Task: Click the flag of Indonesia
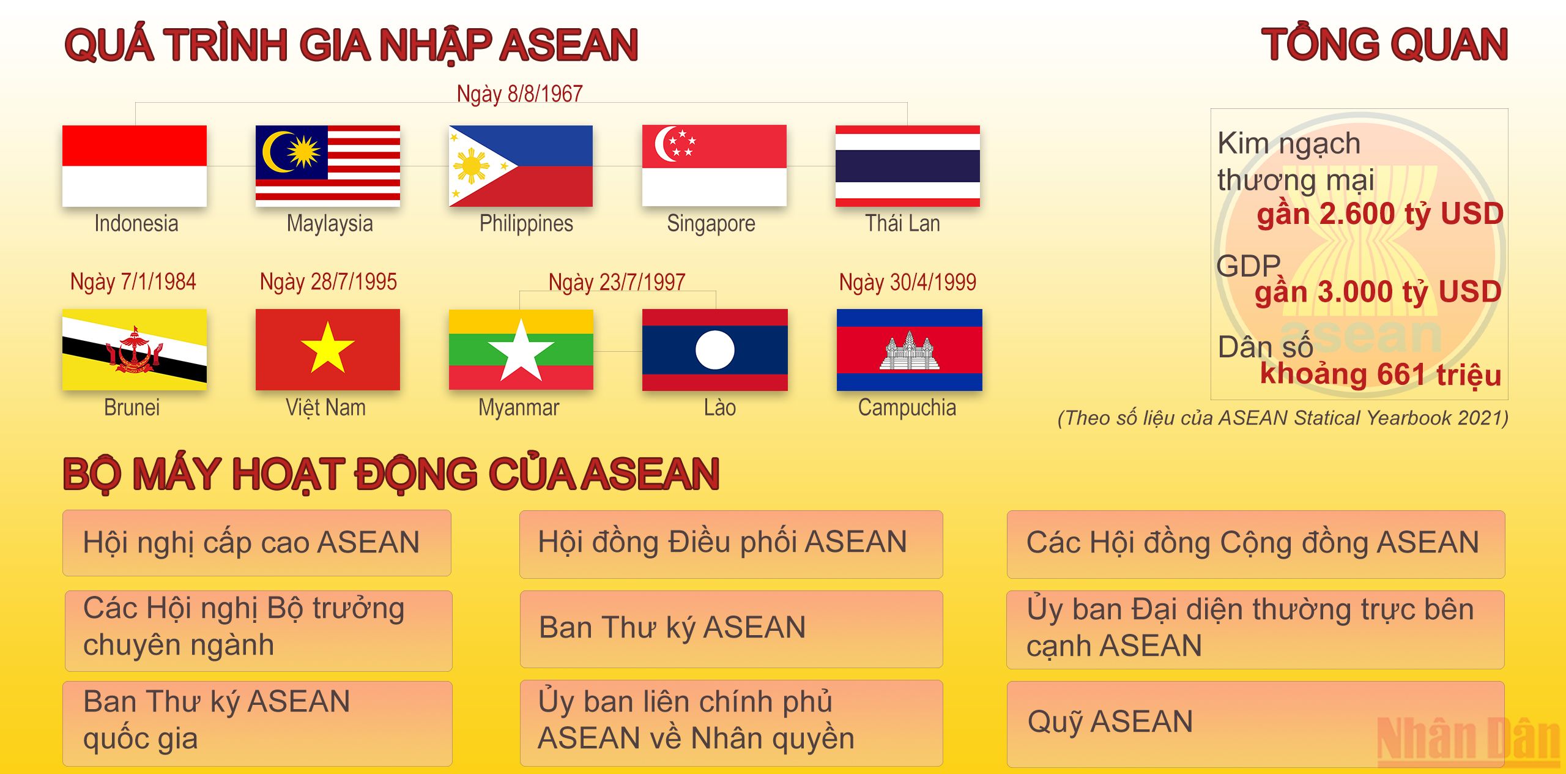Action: click(x=135, y=166)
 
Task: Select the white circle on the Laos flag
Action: click(x=714, y=350)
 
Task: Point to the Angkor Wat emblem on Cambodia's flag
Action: click(x=909, y=351)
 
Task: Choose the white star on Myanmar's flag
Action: click(x=521, y=351)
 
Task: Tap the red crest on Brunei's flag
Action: click(x=135, y=350)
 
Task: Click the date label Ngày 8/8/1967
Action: click(x=519, y=94)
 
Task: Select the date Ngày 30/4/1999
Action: click(x=907, y=282)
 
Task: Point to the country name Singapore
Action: click(x=711, y=223)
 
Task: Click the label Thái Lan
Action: click(x=902, y=223)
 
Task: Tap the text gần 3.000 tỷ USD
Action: click(x=1378, y=292)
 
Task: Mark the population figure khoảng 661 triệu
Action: click(x=1381, y=374)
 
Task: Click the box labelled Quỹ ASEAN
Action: click(x=1255, y=724)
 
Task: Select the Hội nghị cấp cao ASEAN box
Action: click(x=257, y=543)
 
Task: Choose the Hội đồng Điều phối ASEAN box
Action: click(x=731, y=544)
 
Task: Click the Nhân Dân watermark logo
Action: click(x=1468, y=740)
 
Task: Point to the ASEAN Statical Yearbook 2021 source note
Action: click(x=1283, y=418)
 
